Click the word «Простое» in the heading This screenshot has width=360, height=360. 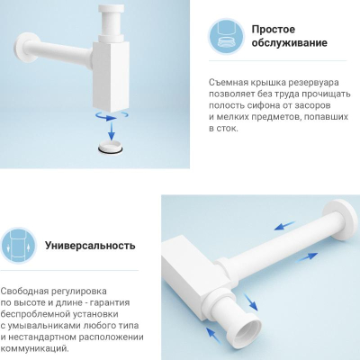click(x=274, y=30)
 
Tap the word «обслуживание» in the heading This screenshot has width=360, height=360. click(x=289, y=42)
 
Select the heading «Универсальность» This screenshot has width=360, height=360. click(x=90, y=246)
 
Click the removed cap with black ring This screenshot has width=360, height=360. click(x=111, y=148)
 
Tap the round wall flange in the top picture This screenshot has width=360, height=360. click(x=25, y=48)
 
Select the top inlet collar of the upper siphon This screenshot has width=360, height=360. click(x=112, y=9)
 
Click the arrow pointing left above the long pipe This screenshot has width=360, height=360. click(x=284, y=226)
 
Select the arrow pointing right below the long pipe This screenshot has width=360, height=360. click(x=308, y=257)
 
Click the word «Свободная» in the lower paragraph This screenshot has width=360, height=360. click(x=23, y=292)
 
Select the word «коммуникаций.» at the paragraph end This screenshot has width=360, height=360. click(x=34, y=349)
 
